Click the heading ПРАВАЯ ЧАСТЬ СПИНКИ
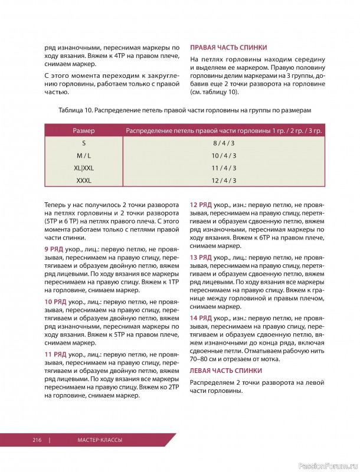tap(228, 47)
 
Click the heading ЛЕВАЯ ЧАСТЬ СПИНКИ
tap(227, 371)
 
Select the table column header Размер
tap(84, 130)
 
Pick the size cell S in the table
tap(84, 143)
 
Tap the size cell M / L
tap(84, 156)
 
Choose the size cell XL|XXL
tap(84, 168)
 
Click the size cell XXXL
tap(84, 181)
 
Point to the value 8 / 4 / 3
tap(224, 143)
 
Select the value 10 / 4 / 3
tap(224, 156)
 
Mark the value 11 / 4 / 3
tap(224, 168)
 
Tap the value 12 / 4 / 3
tap(224, 181)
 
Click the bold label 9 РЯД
tap(55, 249)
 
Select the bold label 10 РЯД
tap(57, 301)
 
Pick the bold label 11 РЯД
tap(57, 354)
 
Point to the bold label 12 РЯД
tap(201, 205)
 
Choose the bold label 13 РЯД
tap(201, 258)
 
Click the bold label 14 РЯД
tap(201, 319)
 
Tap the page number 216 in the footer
tap(38, 440)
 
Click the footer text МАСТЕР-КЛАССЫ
tap(100, 440)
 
